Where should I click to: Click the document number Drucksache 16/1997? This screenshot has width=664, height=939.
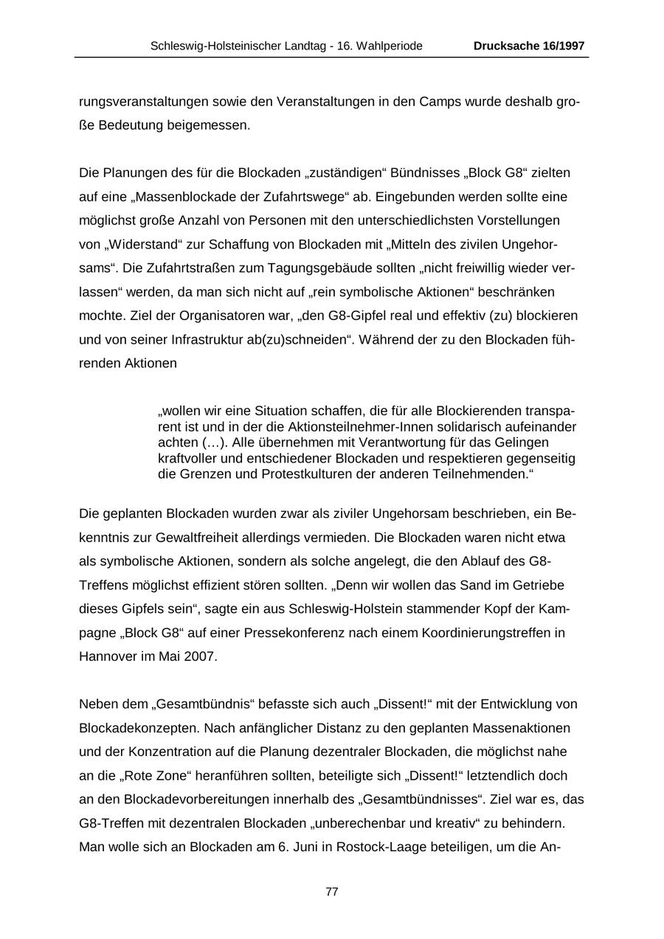[529, 46]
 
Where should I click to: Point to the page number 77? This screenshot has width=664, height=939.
[332, 892]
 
